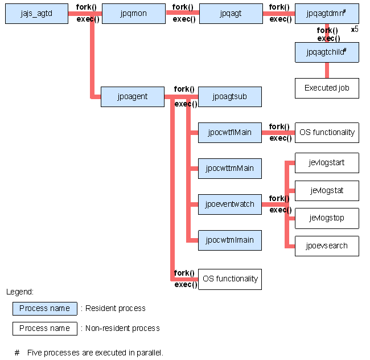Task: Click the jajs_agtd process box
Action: (x=36, y=14)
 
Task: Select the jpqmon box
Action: (x=134, y=14)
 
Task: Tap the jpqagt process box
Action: (x=231, y=14)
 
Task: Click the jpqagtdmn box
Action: (x=327, y=14)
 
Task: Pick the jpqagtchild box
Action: (x=327, y=52)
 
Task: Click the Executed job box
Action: (x=327, y=88)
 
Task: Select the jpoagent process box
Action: (x=133, y=97)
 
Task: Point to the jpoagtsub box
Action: (x=230, y=97)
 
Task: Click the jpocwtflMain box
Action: (x=230, y=133)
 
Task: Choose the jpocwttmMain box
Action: (x=230, y=169)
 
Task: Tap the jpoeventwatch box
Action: (x=230, y=204)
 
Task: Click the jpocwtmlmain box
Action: (x=230, y=240)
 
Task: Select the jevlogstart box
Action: (x=327, y=163)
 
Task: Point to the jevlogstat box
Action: (x=327, y=191)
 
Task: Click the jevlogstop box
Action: (x=327, y=218)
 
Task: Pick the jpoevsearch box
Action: (x=327, y=246)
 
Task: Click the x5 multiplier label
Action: (x=355, y=30)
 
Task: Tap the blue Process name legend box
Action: (x=45, y=309)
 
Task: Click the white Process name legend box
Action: (x=45, y=328)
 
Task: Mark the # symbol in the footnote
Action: (x=17, y=353)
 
